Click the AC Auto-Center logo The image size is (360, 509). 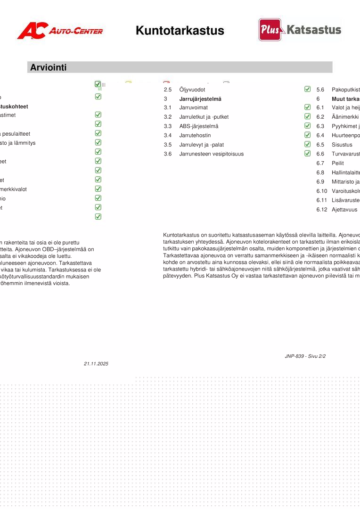60,31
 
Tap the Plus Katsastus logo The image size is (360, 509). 300,30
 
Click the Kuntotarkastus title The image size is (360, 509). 180,31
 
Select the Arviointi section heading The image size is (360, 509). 49,67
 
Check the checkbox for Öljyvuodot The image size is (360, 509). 308,89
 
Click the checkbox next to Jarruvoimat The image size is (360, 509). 308,107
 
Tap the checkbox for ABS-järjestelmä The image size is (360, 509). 308,126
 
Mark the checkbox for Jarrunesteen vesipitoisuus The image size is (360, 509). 308,154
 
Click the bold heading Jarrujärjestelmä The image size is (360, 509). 200,99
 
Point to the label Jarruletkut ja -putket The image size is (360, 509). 204,117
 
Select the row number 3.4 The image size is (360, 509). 168,135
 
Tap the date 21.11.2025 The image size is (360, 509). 96,364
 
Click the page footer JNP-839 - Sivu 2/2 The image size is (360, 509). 305,356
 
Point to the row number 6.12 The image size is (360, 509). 321,210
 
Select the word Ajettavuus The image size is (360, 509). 344,210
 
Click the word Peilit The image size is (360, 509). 338,163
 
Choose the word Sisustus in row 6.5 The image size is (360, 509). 342,145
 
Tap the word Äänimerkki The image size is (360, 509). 345,117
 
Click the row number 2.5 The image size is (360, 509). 168,90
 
